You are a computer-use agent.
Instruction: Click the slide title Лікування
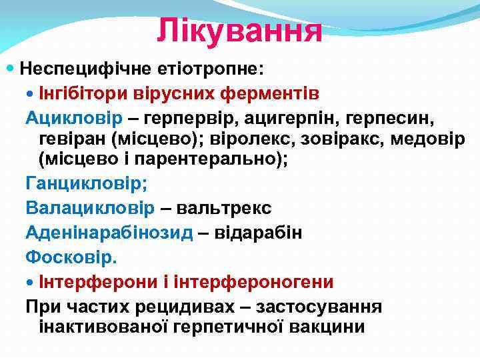[x=239, y=31]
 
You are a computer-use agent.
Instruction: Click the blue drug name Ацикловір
[x=74, y=118]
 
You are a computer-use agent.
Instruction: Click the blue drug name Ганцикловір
[x=86, y=184]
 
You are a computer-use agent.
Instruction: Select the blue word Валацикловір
[x=90, y=208]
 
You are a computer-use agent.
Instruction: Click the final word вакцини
[x=326, y=327]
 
